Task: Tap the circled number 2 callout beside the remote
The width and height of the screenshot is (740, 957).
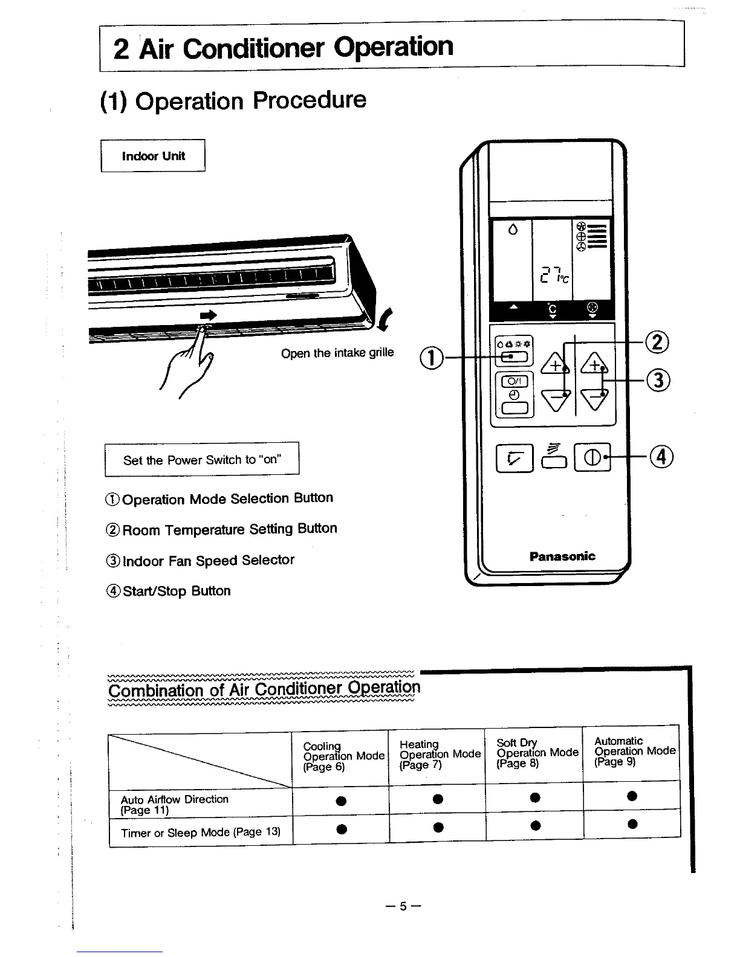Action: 658,342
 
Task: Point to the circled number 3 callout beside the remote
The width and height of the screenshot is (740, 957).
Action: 658,380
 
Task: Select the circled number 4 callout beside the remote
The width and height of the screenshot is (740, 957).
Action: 662,457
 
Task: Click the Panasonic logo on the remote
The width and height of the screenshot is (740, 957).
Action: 562,556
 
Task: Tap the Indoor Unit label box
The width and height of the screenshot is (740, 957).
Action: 153,156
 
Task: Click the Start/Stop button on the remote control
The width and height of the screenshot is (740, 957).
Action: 592,457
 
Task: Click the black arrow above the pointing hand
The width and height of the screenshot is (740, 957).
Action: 208,315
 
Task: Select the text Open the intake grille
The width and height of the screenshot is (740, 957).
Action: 337,353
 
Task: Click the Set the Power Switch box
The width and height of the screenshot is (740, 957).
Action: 202,460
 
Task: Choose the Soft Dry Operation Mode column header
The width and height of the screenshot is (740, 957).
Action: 537,753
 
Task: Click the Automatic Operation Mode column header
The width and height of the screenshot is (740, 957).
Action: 634,751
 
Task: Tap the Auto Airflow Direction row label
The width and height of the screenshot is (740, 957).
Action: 175,804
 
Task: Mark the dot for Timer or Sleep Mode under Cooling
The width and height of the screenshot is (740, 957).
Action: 342,828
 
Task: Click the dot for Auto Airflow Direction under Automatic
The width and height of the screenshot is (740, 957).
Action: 632,796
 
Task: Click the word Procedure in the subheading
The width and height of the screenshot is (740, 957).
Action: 309,100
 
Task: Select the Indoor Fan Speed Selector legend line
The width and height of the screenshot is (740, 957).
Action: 201,561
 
